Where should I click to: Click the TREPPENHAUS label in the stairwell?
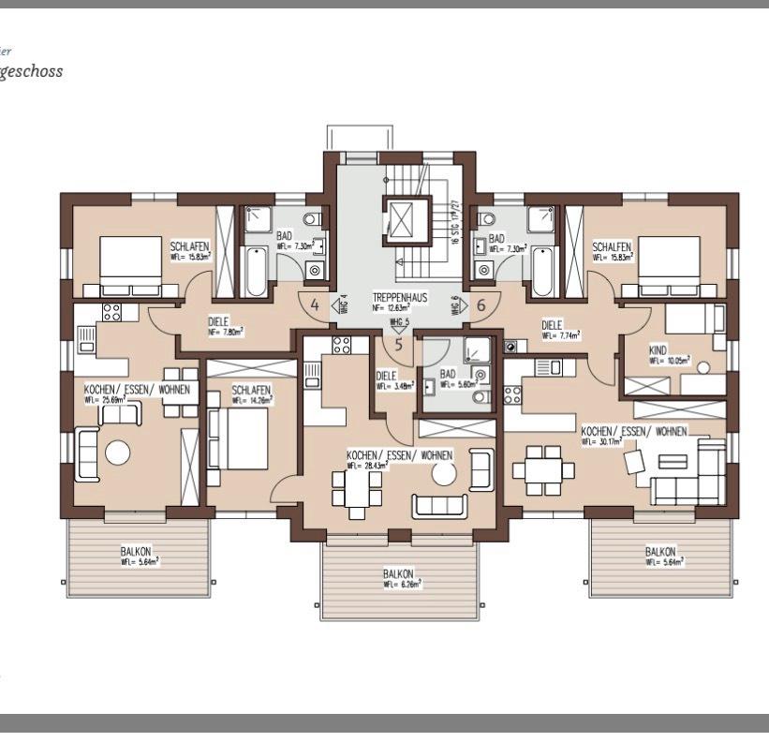click(x=399, y=297)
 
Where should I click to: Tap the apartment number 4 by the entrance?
click(x=315, y=305)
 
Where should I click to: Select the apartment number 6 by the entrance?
click(x=481, y=305)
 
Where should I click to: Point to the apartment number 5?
click(x=398, y=344)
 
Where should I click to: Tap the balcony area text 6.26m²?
click(x=402, y=584)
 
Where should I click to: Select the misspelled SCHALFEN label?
click(x=612, y=246)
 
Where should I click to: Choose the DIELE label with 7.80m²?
click(x=218, y=321)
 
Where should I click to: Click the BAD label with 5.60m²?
click(x=450, y=372)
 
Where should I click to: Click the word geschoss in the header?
click(x=32, y=71)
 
